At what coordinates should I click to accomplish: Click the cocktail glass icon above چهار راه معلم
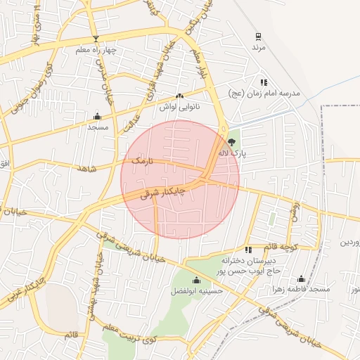coord(96,39)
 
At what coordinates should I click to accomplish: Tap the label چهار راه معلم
coord(96,51)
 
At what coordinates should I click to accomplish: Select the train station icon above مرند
coord(258,36)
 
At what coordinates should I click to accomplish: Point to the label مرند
coord(259,47)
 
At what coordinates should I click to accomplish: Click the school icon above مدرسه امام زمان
coord(264,82)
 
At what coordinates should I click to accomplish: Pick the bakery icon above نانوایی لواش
coord(179,96)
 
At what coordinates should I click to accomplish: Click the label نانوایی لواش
coord(179,106)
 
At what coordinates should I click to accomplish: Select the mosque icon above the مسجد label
coord(96,117)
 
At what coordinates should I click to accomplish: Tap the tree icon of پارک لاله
coord(232,143)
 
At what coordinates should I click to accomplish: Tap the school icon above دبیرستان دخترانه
coord(247,250)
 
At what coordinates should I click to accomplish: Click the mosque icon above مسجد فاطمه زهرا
coord(302,279)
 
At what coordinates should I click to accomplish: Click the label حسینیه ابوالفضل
coord(198,290)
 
